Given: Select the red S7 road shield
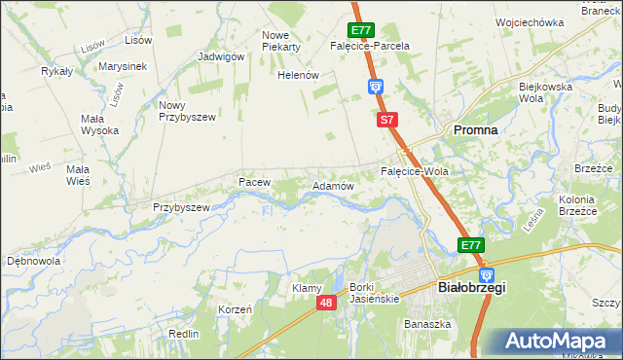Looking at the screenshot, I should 387,120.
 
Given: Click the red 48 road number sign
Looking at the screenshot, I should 326,305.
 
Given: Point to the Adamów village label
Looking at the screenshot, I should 331,185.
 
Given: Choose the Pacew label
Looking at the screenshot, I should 253,182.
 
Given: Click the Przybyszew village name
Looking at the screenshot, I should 181,207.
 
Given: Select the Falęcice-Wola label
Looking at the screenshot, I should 413,171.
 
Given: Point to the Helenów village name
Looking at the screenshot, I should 299,75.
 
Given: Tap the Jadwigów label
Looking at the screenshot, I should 220,56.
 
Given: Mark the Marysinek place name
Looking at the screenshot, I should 122,66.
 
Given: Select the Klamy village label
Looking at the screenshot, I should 307,288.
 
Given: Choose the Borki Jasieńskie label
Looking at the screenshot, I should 375,293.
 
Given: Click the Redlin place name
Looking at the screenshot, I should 183,333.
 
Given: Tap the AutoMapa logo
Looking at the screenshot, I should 562,342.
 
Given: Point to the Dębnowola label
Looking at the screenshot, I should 33,261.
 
